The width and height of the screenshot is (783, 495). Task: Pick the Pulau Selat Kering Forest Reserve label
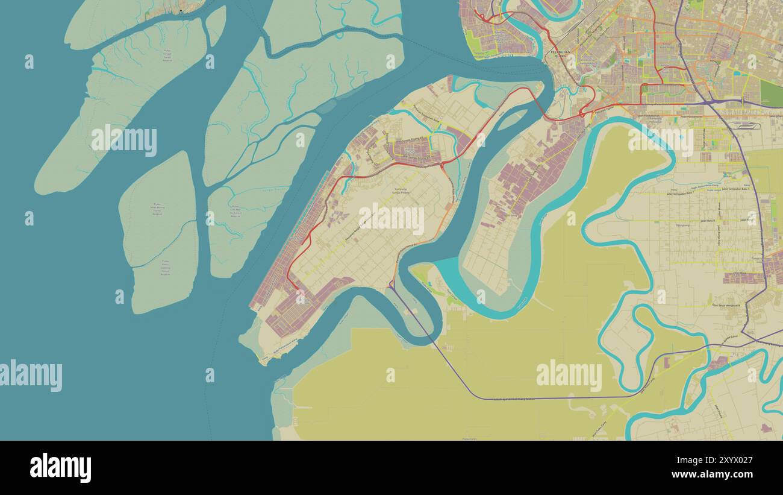158,209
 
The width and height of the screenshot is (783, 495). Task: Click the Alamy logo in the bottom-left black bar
60,468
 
